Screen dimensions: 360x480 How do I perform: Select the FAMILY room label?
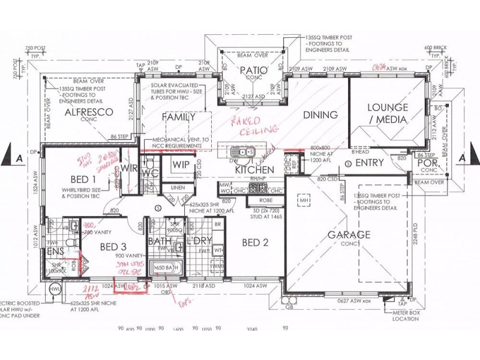178,117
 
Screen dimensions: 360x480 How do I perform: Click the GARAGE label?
348,235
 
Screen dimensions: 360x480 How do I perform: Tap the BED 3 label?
112,247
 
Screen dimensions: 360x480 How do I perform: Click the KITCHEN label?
254,170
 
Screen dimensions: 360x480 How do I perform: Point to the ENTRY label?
370,163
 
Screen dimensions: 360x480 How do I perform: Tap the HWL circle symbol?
56,289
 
